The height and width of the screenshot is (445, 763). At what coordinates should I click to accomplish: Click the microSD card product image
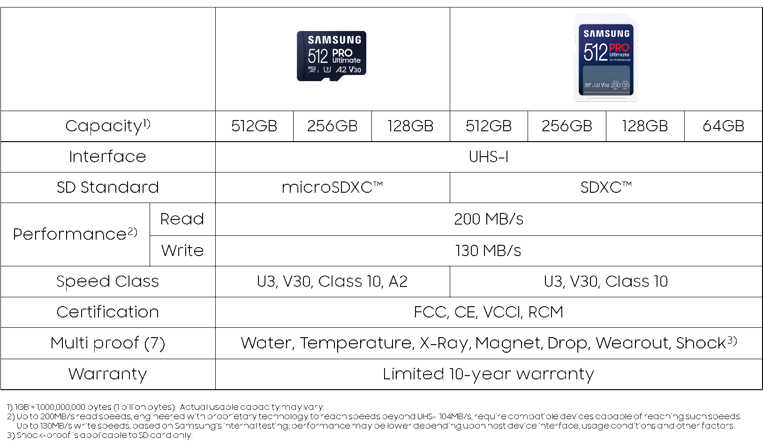point(332,56)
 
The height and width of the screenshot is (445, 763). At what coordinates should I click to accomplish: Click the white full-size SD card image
point(606,58)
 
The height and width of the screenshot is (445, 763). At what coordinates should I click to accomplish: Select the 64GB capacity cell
point(723,126)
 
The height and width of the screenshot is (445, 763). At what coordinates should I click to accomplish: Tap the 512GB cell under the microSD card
point(254,126)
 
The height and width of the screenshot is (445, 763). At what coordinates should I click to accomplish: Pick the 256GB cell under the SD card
point(567,126)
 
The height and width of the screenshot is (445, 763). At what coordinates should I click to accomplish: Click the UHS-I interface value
point(489,157)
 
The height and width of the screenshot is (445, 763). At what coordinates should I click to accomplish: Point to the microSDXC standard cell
point(332,188)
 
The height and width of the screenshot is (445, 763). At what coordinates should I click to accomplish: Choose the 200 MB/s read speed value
point(489,219)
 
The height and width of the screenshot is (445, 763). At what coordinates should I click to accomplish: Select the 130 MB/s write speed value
point(488,251)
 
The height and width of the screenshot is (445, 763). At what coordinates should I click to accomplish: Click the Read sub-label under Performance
point(182,219)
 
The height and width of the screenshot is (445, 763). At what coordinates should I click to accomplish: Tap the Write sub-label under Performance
point(182,251)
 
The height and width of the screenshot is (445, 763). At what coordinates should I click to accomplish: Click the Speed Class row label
point(107,281)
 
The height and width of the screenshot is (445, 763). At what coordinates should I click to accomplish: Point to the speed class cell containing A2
point(332,281)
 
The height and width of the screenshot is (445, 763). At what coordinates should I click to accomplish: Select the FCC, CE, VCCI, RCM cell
point(488,312)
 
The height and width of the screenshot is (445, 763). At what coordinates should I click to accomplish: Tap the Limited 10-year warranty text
point(488,374)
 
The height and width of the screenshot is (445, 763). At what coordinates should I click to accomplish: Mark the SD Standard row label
point(107,188)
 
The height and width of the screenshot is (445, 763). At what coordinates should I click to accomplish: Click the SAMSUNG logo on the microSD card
point(334,40)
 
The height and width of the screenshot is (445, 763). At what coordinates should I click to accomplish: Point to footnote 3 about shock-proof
point(99,436)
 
